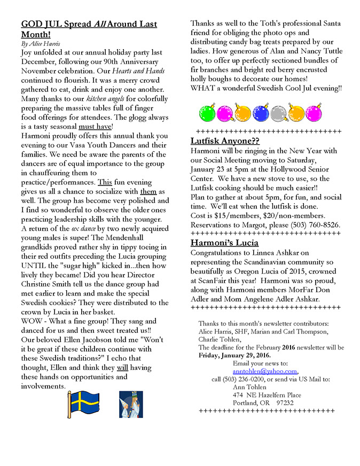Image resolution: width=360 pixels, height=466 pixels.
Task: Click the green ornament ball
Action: [x=207, y=113]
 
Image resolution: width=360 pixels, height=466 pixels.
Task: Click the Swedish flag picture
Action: [x=83, y=404]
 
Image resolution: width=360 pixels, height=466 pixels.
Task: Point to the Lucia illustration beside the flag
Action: [x=130, y=404]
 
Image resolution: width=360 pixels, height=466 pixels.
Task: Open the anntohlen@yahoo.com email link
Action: [x=265, y=371]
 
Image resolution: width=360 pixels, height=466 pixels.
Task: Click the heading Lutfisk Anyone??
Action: [x=225, y=141]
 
